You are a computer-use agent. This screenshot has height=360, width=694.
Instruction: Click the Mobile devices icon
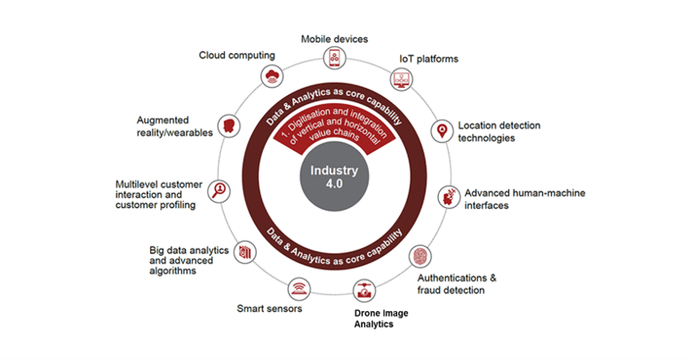[x=335, y=58]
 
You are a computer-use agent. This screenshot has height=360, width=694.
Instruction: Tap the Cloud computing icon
[x=272, y=76]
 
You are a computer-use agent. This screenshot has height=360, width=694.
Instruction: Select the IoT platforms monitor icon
[x=402, y=80]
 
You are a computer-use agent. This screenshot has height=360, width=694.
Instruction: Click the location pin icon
[x=442, y=131]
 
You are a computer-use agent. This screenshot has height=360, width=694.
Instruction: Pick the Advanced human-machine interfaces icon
[x=449, y=197]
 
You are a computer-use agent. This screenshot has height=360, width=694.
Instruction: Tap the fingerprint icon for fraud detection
[x=419, y=256]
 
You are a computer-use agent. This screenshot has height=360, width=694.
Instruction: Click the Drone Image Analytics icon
[x=364, y=291]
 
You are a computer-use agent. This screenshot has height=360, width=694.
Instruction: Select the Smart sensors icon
[x=299, y=289]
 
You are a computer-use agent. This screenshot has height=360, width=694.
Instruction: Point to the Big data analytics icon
[x=244, y=252]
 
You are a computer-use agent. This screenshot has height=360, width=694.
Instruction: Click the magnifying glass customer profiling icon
[x=219, y=191]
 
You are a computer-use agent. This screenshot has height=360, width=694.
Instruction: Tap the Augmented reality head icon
[x=229, y=125]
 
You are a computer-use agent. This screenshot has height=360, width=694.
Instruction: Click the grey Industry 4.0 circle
[x=334, y=177]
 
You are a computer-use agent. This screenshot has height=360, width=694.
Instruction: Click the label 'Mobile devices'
[x=334, y=39]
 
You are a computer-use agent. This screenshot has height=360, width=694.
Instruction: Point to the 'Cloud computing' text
[x=236, y=55]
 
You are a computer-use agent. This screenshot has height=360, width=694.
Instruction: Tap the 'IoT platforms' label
[x=429, y=59]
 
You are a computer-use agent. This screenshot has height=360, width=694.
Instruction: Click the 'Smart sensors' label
[x=269, y=308]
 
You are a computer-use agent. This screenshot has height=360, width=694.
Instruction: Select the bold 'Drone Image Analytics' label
[x=381, y=318]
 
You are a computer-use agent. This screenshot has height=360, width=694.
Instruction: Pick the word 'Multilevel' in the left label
[x=136, y=184]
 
